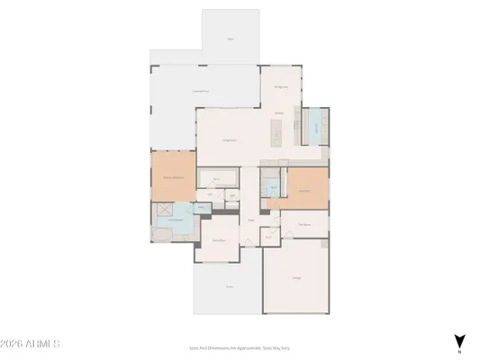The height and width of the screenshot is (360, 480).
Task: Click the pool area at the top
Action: coord(231,39)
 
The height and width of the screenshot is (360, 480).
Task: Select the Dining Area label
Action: coord(280,86)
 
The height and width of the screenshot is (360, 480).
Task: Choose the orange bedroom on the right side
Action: coord(305,190)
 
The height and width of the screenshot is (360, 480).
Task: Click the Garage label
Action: coord(296,279)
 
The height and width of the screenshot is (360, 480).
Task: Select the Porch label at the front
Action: coord(229,286)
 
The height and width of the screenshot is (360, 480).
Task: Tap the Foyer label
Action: coord(252,219)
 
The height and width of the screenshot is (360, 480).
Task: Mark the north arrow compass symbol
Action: coord(460,341)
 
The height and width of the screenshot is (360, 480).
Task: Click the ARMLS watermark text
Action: coord(32,345)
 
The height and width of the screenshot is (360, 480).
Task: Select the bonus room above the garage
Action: coord(304,224)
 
